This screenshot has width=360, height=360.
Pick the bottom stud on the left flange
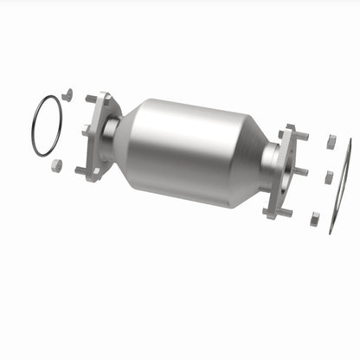[x=80, y=170]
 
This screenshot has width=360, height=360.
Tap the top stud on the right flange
[x=301, y=137]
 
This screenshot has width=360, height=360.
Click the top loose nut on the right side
[x=331, y=139]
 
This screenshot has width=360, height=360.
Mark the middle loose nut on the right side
[x=328, y=177]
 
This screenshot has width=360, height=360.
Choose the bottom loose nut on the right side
[x=315, y=217]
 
